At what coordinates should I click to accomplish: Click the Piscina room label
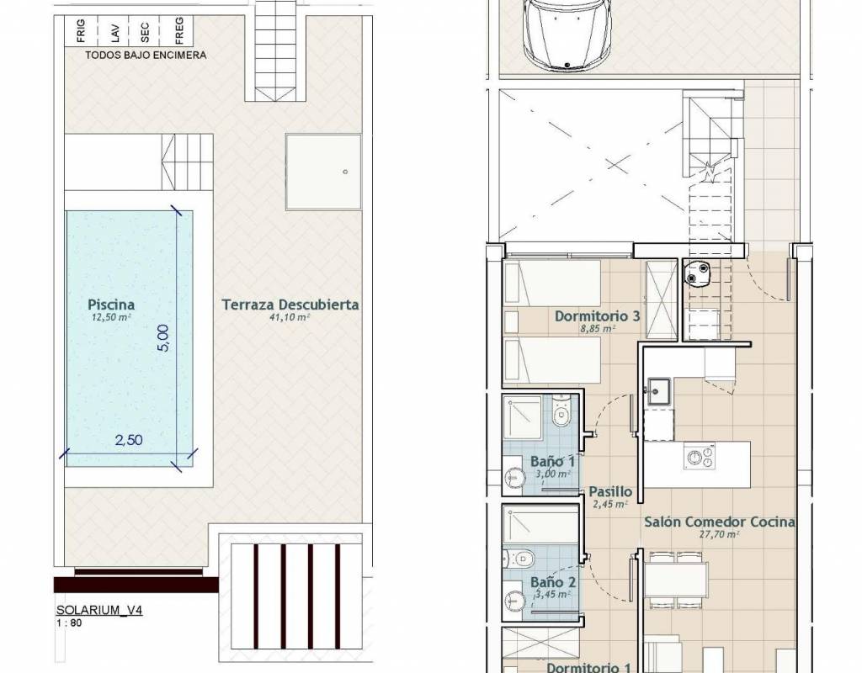coord(111,305)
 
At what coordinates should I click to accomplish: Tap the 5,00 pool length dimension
coord(164,338)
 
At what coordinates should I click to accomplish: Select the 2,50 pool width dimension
coord(129,440)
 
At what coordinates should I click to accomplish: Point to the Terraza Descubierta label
coord(290,305)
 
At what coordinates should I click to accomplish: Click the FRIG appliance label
coord(82,31)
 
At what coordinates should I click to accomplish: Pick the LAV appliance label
coord(114,33)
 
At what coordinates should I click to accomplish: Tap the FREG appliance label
coord(179,29)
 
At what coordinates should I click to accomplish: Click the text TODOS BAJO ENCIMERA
coord(146,55)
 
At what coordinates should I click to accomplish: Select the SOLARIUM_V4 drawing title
coord(99,610)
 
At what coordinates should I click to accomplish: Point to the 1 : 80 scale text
coord(69,623)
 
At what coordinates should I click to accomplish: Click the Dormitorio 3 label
coord(597,316)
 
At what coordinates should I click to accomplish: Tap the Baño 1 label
coord(552,462)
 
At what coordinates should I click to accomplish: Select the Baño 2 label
coord(553,582)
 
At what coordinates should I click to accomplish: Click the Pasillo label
coord(610,491)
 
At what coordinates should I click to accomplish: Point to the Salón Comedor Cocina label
coord(719,522)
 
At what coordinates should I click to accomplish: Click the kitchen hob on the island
coord(700,457)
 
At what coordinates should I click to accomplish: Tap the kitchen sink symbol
coord(658,391)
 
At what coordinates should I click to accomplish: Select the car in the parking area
coord(567,33)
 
